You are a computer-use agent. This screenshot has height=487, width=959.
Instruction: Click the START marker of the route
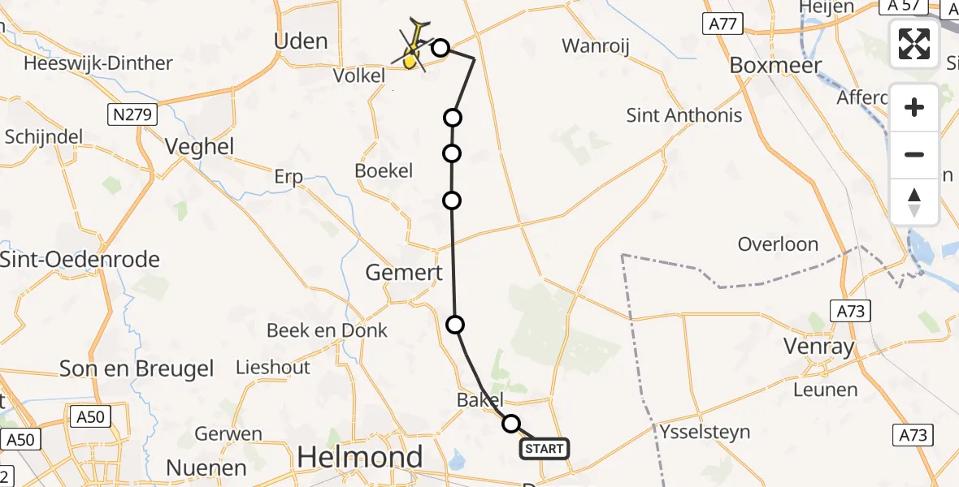[x=544, y=448]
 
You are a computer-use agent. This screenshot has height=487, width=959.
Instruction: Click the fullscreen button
[x=914, y=43]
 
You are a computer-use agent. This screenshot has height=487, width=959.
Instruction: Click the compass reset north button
[x=914, y=202]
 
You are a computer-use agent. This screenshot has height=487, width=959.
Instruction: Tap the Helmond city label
[x=360, y=458]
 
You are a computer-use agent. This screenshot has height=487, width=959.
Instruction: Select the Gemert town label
[x=404, y=273]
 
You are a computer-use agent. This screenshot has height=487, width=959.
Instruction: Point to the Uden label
[x=302, y=41]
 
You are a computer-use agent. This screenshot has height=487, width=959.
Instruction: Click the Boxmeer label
[x=776, y=65]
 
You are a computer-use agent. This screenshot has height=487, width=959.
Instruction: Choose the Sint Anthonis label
[x=684, y=115]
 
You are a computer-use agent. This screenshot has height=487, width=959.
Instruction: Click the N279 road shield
[x=131, y=116]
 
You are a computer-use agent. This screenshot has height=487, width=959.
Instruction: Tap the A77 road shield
[x=723, y=24]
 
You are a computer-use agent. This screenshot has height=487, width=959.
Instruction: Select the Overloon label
[x=778, y=244]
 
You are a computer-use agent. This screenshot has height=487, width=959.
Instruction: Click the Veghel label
[x=199, y=146]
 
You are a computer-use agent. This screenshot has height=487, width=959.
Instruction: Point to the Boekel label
[x=384, y=171]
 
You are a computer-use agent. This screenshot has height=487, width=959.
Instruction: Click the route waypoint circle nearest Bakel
[x=511, y=423]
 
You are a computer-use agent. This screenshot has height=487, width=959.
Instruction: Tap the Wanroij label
[x=596, y=45]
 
